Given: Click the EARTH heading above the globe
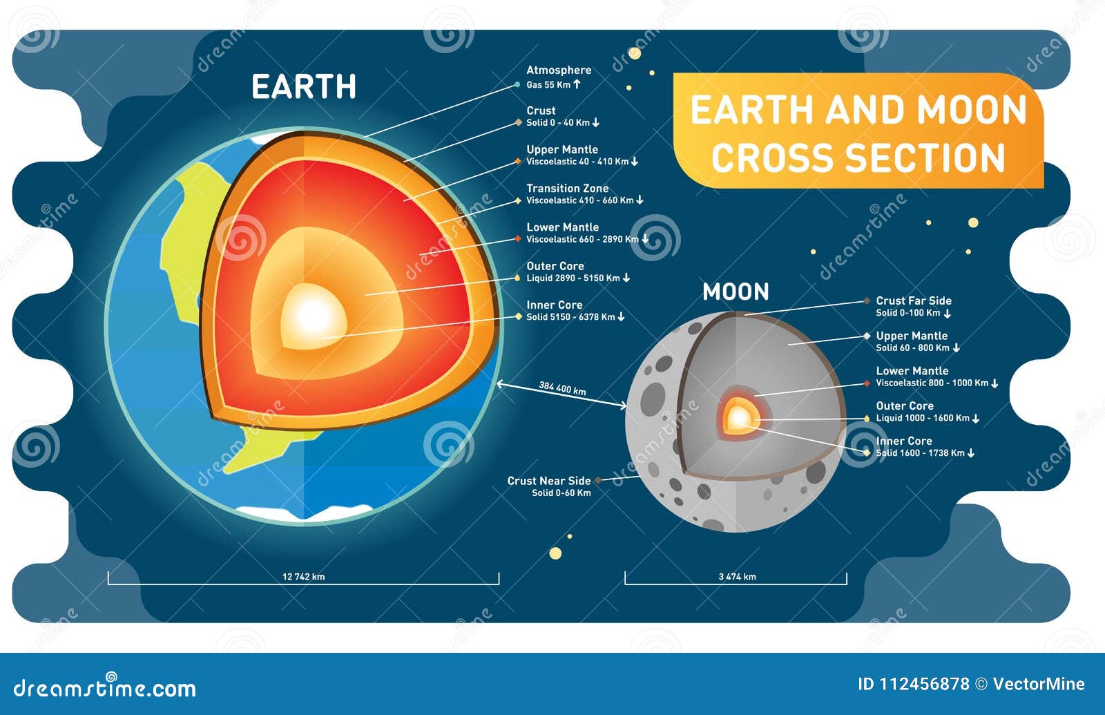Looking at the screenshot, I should click(x=304, y=87).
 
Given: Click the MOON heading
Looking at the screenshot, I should click(x=736, y=292).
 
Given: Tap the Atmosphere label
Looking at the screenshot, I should click(x=559, y=70).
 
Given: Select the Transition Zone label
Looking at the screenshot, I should click(x=567, y=188).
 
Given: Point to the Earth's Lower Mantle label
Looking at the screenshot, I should click(x=562, y=227).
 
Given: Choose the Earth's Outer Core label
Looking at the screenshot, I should click(x=555, y=266).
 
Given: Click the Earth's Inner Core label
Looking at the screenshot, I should click(x=554, y=305).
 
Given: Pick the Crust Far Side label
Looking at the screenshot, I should click(x=913, y=301).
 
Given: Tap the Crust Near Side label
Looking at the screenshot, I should click(x=549, y=481).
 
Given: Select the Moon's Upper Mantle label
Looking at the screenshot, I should click(x=912, y=336).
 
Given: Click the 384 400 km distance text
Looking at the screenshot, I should click(x=562, y=389).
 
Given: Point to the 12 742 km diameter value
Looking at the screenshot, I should click(x=303, y=577).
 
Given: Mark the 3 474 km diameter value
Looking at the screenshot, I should click(x=737, y=577).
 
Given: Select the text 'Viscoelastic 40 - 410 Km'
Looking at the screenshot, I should click(x=577, y=162).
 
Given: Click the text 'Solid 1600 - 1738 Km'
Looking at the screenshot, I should click(x=920, y=453).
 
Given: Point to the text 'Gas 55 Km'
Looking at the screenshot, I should click(x=548, y=85).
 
